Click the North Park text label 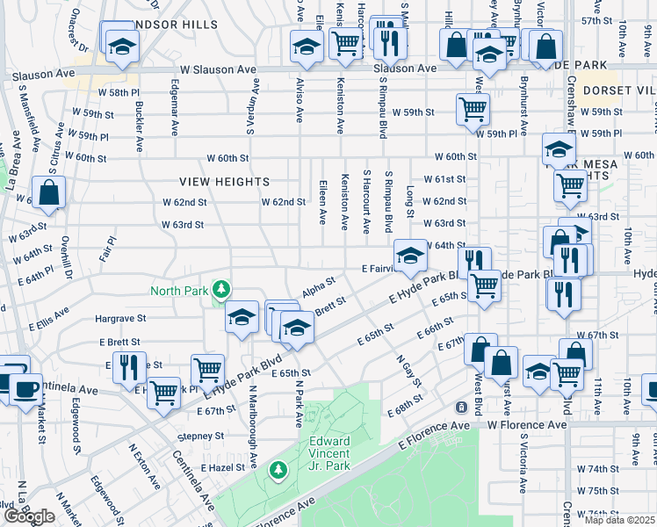(179, 292)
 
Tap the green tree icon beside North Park (222, 288)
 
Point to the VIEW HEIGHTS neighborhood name (224, 182)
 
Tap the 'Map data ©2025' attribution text (620, 520)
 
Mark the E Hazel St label (222, 468)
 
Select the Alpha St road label (319, 286)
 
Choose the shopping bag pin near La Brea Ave (48, 191)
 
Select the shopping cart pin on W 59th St (473, 109)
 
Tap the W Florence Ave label (527, 425)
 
